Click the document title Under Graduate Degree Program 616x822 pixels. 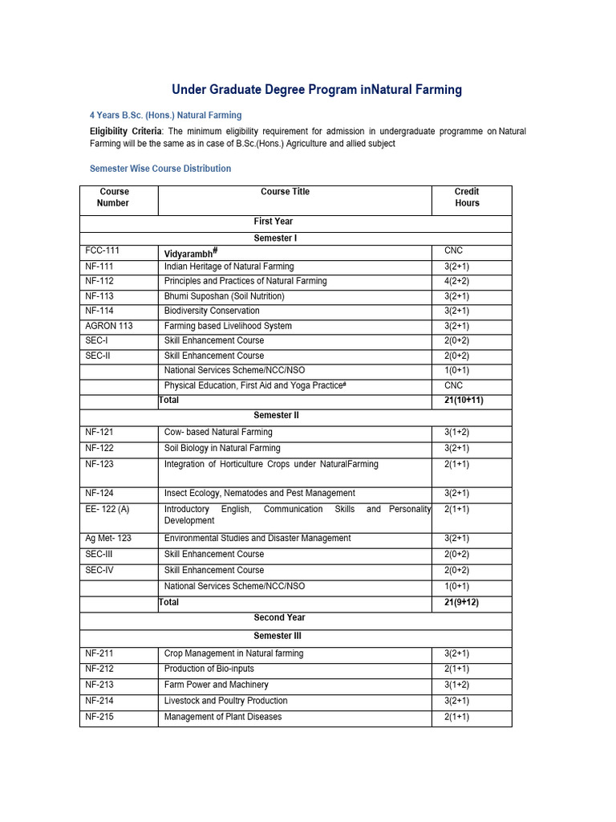[x=317, y=90]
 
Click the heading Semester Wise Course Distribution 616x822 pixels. [x=160, y=169]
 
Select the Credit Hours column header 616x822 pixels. [x=467, y=197]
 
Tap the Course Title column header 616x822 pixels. [x=285, y=192]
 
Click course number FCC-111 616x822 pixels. [x=103, y=251]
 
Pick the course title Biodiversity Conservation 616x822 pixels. [x=212, y=311]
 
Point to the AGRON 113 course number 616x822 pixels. [x=110, y=326]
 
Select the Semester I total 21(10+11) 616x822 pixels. [x=464, y=400]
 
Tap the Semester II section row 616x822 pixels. [x=277, y=415]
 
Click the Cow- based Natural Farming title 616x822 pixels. [x=218, y=432]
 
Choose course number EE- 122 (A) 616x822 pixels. [x=107, y=509]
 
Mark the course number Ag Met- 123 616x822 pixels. [x=108, y=538]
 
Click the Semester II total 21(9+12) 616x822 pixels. [x=461, y=602]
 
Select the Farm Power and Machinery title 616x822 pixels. [x=217, y=685]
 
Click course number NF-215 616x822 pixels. [x=99, y=716]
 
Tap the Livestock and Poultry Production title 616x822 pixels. [x=225, y=701]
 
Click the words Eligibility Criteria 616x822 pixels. [x=125, y=131]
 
